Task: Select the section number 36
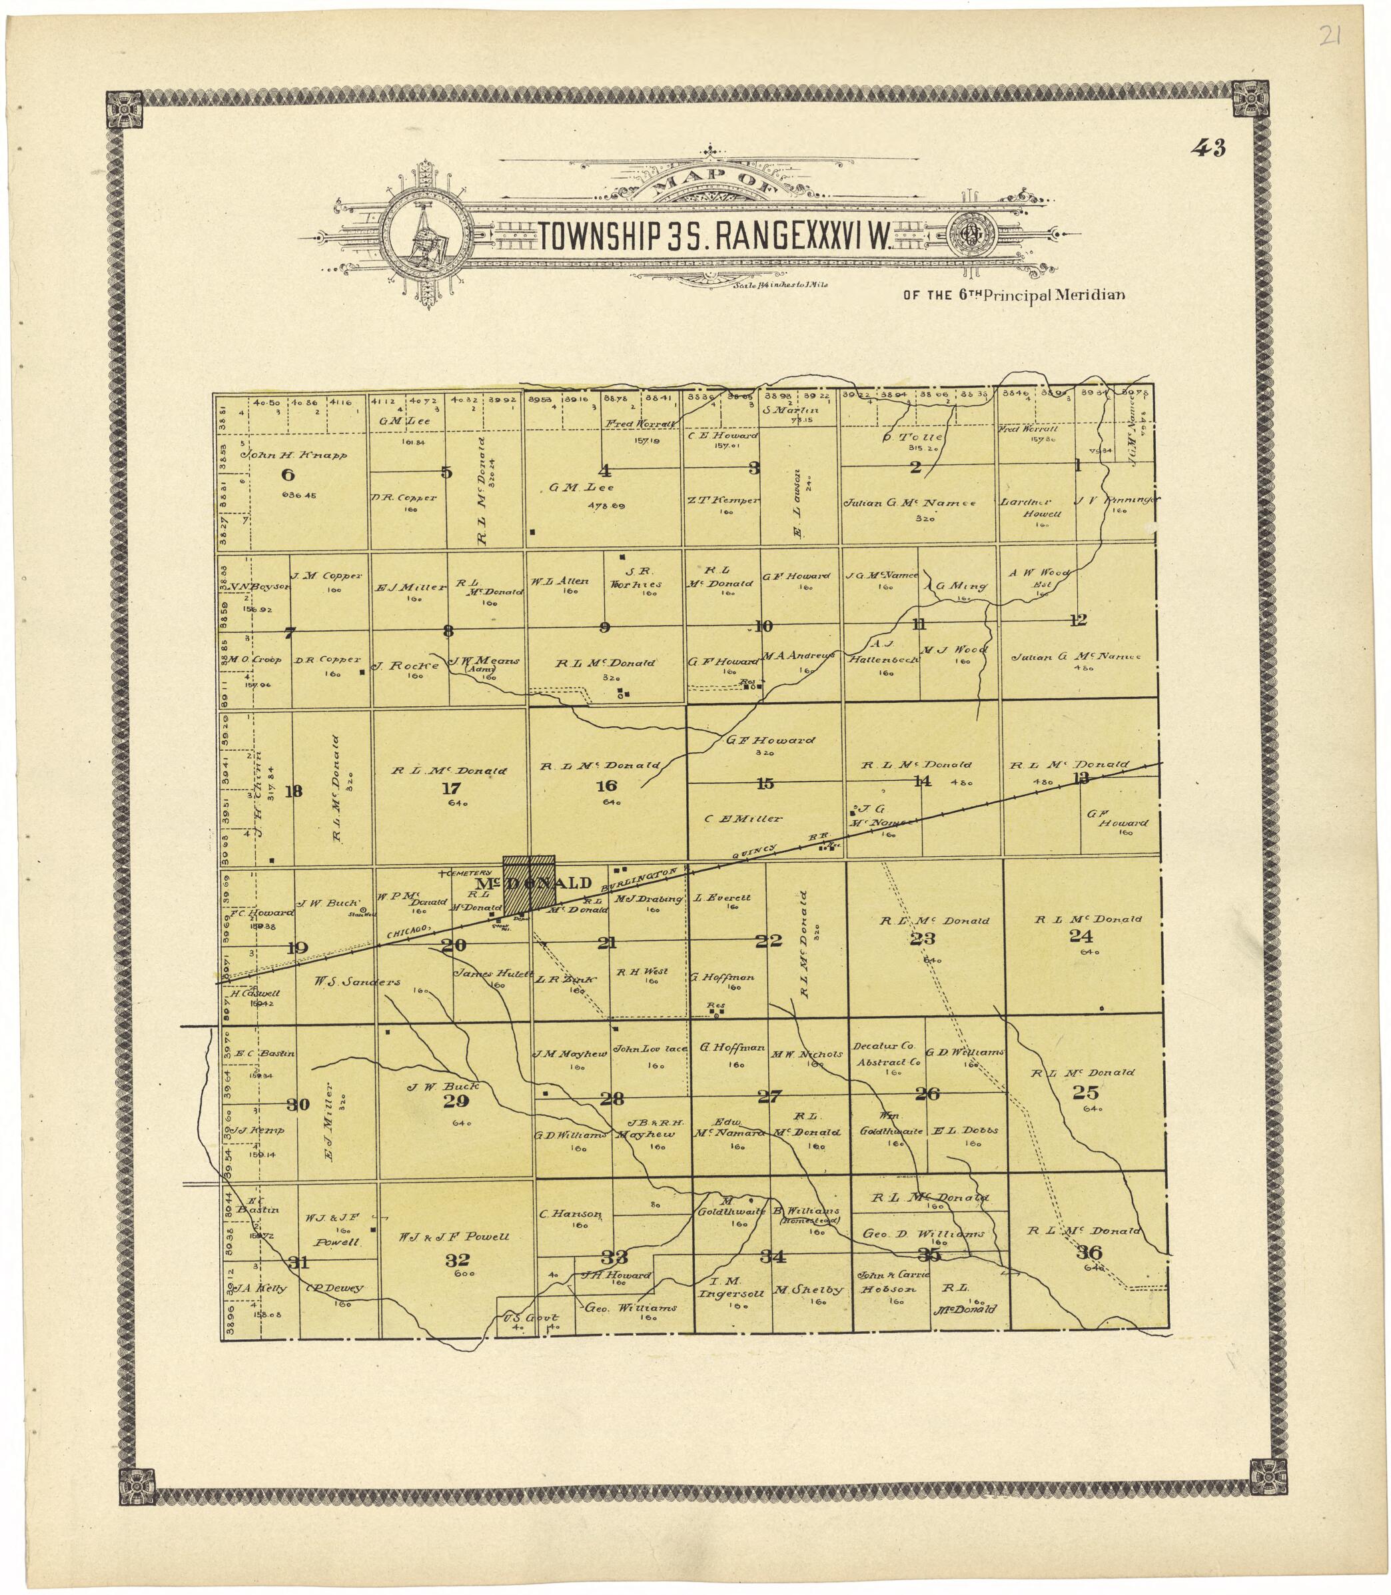(1090, 1252)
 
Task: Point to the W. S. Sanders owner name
(357, 982)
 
